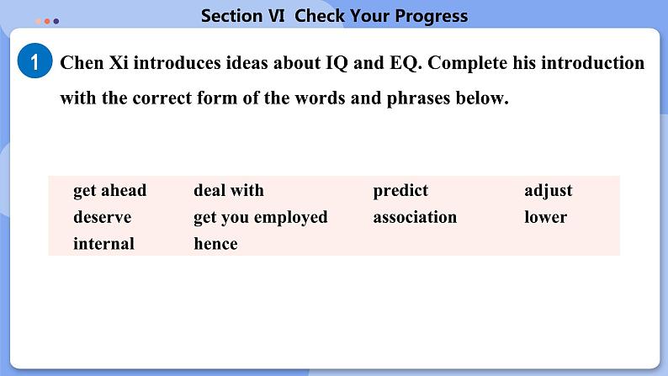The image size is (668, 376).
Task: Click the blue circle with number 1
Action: pos(35,61)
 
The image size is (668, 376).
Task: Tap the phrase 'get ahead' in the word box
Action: pos(110,190)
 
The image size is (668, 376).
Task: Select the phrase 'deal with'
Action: pos(229,190)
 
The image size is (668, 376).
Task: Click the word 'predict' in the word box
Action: pos(400,190)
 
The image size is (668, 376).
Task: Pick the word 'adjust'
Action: pos(549,190)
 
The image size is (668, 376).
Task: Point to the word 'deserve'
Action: pos(103,217)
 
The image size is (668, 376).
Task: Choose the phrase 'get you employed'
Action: pos(261,218)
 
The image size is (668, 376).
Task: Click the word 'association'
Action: pos(415,217)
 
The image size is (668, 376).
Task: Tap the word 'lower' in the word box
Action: pos(546,217)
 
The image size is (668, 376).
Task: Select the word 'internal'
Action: pos(104,244)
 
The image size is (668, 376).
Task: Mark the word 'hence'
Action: pos(215,244)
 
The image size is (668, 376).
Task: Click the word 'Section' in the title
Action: pos(231,16)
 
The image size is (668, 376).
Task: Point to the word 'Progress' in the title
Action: pos(431,16)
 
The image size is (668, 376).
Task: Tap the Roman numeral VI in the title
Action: pos(277,16)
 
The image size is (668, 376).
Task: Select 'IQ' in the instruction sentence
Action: pos(337,63)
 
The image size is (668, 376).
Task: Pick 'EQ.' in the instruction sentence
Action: pos(406,63)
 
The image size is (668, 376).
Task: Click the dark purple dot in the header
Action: pos(56,21)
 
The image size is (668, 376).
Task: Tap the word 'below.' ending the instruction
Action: pos(482,98)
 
